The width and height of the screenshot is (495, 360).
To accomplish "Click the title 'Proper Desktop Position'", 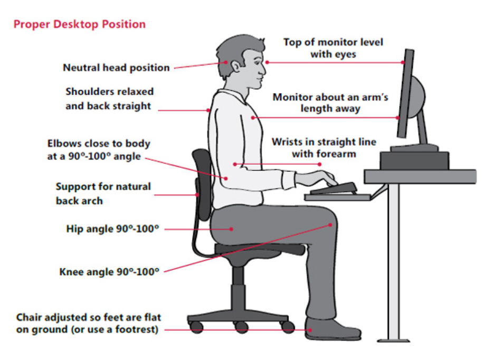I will click(x=79, y=24).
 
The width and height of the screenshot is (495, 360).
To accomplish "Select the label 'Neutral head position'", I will click(x=116, y=68).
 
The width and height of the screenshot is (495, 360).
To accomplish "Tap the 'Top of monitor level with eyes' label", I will click(x=333, y=48).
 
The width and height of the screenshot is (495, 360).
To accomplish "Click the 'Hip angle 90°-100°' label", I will click(x=112, y=229).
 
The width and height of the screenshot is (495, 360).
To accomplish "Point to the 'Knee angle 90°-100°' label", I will click(x=109, y=272).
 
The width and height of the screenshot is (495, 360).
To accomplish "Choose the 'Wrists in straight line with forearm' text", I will click(x=323, y=148).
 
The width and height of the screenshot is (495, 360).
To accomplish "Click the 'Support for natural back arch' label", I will click(x=103, y=193).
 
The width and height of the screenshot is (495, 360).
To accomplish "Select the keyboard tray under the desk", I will click(x=338, y=196).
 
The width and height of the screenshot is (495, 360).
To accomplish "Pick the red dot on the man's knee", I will click(x=331, y=225).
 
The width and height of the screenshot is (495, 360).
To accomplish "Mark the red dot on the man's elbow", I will click(x=226, y=178).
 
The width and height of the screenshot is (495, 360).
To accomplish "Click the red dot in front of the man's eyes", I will click(x=267, y=62).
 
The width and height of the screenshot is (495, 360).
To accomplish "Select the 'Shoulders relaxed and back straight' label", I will click(x=108, y=99).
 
